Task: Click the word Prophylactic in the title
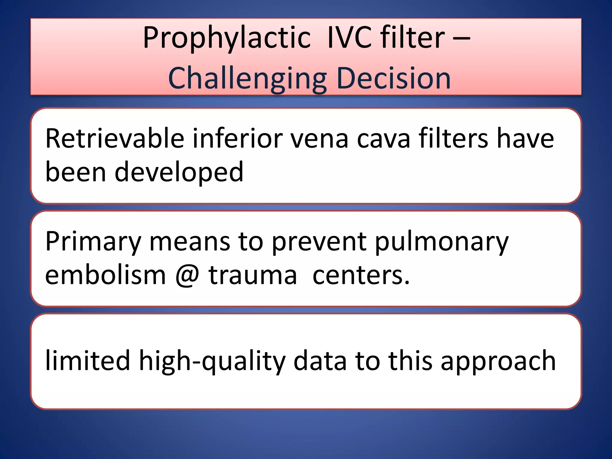tap(227, 38)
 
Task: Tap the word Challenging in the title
tap(247, 78)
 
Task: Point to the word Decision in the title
tap(393, 78)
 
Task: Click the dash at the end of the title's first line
tap(461, 38)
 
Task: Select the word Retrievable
tap(114, 138)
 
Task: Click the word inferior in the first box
tap(238, 138)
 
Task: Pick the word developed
tap(179, 172)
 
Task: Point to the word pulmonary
tap(441, 241)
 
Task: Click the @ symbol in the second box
tap(187, 276)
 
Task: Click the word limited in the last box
tap(88, 360)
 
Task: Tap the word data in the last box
tap(320, 360)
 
